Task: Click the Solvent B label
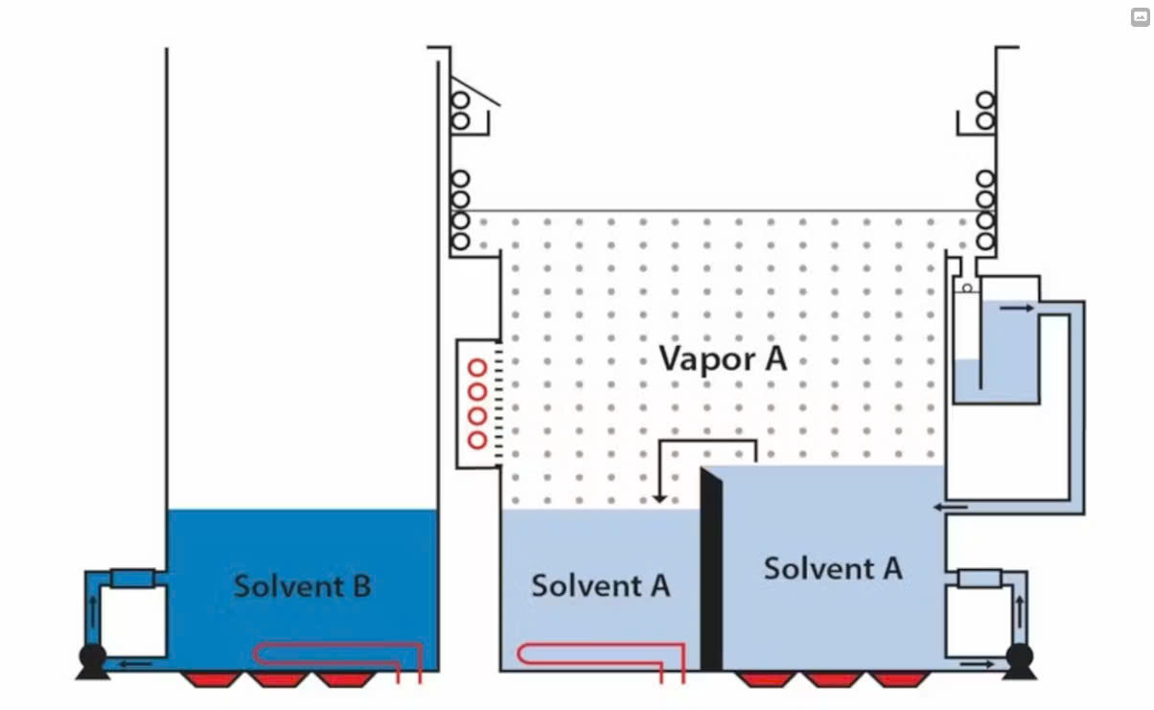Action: pos(302,584)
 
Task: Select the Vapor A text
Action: pos(723,358)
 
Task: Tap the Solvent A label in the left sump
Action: pos(600,584)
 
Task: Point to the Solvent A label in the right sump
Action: pos(833,568)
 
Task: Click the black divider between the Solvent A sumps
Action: pos(711,570)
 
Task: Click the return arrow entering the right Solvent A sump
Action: pos(951,506)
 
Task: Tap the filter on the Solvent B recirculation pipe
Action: pos(132,578)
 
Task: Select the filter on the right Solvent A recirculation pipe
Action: pos(979,578)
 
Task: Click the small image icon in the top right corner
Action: pos(1140,16)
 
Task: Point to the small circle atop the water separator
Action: pos(967,287)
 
